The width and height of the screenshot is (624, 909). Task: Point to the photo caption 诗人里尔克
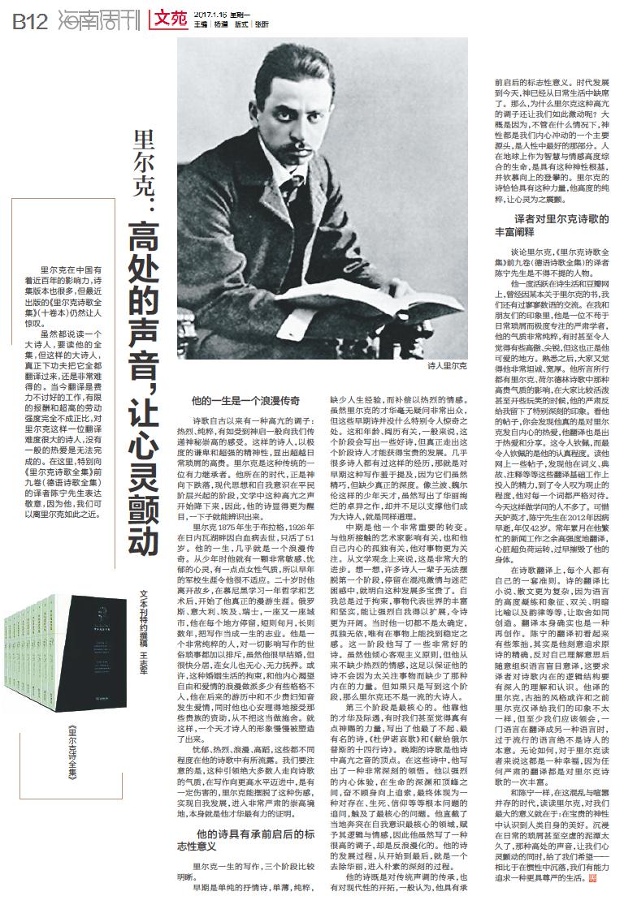point(447,367)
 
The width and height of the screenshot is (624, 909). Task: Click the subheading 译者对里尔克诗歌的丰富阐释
point(548,226)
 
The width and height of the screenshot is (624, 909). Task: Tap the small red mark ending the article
point(592,877)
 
